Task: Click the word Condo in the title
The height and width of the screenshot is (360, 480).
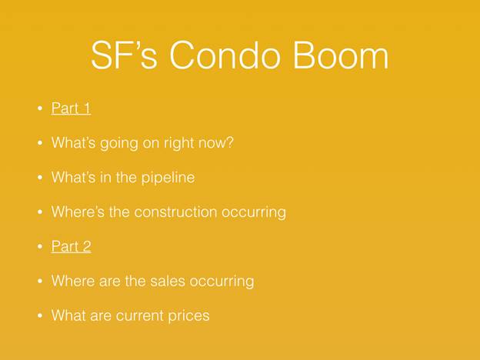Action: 225,55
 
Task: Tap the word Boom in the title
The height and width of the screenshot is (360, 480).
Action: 341,55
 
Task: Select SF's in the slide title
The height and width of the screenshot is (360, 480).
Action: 125,55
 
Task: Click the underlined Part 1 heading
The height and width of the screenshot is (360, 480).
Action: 71,108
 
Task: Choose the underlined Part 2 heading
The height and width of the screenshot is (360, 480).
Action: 71,246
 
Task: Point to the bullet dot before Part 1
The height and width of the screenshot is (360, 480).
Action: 40,108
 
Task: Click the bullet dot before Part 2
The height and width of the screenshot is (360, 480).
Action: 40,246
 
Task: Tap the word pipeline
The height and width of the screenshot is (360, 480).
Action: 168,178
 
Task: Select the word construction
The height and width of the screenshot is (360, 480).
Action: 175,212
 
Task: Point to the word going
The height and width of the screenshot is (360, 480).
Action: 119,144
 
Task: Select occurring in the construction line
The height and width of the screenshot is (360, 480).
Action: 254,212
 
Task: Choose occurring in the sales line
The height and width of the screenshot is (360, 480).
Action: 222,282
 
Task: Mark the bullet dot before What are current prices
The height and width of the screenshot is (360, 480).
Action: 40,315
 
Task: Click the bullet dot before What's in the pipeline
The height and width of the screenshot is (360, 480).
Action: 40,178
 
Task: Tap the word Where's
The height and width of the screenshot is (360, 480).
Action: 78,212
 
